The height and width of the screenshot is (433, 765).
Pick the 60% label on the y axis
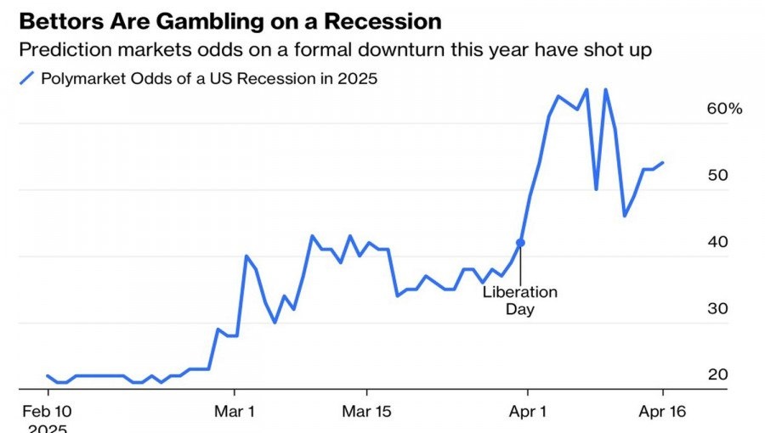724,109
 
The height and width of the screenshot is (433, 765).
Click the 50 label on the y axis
718,175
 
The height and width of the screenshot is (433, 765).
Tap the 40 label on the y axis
718,241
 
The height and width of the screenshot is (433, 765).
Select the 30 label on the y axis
718,308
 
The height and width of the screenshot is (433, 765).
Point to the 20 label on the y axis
718,374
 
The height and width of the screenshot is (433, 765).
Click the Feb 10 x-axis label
48,411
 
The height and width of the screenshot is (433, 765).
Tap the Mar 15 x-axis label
366,411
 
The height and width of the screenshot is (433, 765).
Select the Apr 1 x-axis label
527,411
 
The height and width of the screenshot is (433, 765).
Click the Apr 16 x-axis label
662,411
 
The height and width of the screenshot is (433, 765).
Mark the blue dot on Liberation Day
520,243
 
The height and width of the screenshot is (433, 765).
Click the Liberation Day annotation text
520,301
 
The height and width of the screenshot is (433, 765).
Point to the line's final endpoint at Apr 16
663,162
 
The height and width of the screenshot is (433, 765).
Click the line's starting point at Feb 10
48,375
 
